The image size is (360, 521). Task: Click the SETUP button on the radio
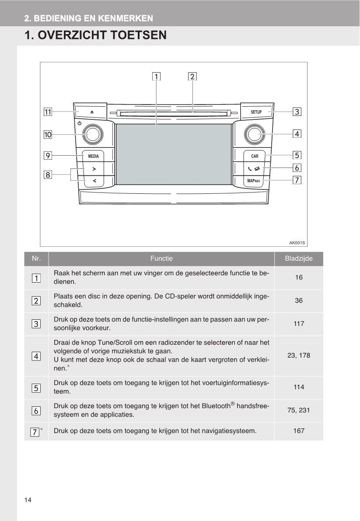256,112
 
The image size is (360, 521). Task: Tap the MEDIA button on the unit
94,156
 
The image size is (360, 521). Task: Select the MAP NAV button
253,180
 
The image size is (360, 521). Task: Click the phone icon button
253,168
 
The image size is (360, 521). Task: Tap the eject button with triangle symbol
92,112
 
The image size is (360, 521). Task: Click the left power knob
93,134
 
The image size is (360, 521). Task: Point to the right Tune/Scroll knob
254,134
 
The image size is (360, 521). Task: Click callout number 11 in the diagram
47,112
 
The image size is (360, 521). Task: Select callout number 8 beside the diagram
47,175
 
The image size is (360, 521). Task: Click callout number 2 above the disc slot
192,76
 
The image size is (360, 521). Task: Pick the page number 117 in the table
299,324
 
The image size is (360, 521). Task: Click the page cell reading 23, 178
299,355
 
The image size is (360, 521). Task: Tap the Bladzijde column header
299,259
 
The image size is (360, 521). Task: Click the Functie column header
161,259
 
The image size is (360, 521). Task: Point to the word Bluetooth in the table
216,406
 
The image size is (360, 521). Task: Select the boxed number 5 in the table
36,388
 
